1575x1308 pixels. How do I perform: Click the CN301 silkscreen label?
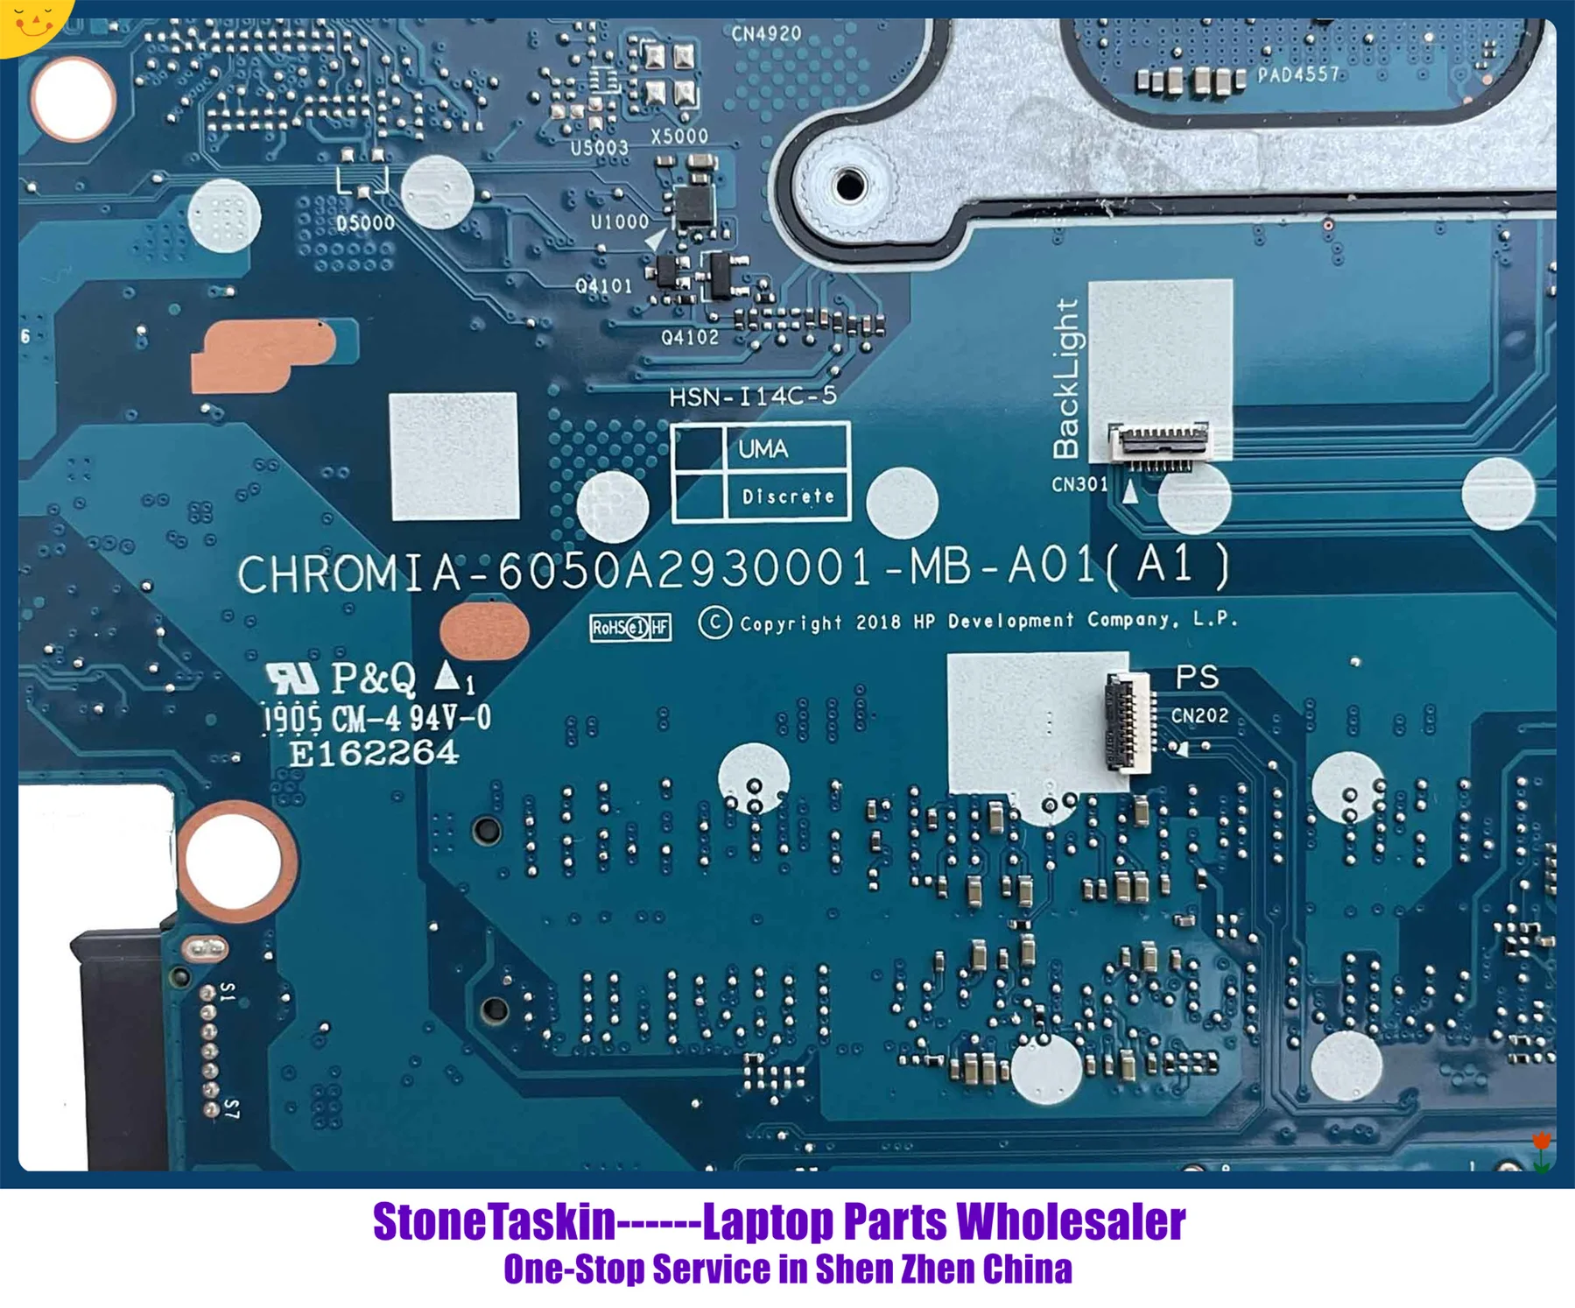(1079, 484)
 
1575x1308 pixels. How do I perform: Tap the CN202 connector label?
(1199, 715)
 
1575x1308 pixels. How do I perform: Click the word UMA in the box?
(763, 449)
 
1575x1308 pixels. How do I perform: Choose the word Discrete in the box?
(787, 496)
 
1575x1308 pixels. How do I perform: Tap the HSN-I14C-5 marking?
(753, 397)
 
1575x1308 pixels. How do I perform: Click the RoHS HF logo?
(630, 627)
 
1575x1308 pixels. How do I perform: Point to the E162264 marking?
(374, 753)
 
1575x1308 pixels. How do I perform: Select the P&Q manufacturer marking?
(373, 677)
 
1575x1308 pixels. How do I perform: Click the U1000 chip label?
(619, 222)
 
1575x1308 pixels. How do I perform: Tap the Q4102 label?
(690, 337)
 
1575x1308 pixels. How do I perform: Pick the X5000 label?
(679, 136)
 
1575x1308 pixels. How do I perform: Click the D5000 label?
(365, 222)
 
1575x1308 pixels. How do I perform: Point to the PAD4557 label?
(1298, 74)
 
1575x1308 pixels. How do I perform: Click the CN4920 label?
(766, 34)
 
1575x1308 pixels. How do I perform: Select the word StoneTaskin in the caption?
(494, 1221)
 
